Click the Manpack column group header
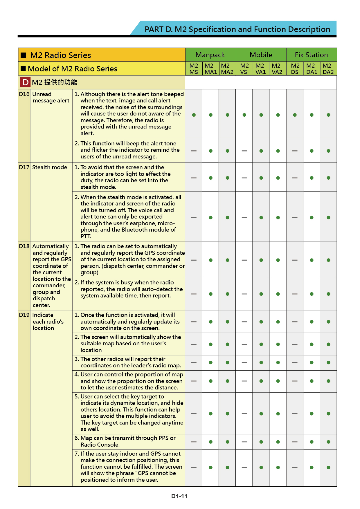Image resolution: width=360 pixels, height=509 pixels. coord(210,55)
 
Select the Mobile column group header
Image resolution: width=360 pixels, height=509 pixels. coord(261,55)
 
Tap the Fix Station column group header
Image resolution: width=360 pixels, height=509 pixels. coord(311,55)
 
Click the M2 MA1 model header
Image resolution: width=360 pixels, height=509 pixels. coord(210,69)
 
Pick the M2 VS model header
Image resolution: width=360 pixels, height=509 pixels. coord(244,69)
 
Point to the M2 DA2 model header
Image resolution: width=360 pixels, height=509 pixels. coord(328,69)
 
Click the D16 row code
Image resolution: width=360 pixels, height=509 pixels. coord(24,94)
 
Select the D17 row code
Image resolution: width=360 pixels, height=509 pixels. coord(24,167)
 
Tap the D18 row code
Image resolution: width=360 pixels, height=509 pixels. coord(24,246)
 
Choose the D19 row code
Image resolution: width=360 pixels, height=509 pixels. coord(24,315)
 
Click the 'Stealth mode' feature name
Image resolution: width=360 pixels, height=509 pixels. coord(50,167)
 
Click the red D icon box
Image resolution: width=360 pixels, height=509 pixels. coord(25,82)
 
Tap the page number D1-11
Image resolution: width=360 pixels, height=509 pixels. coord(179,496)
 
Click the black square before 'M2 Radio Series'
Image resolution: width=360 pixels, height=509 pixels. coord(24,55)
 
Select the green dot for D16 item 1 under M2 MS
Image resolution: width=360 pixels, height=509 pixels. coord(194,115)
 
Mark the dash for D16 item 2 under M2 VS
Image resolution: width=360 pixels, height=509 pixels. coord(244,151)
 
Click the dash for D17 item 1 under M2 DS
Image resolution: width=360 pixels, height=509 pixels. coord(295,178)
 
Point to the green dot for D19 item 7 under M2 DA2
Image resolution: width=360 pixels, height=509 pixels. coord(328,468)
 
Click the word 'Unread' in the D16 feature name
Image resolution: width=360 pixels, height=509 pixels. coord(42,94)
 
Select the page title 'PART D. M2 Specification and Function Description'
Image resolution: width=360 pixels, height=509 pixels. coord(237,29)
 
